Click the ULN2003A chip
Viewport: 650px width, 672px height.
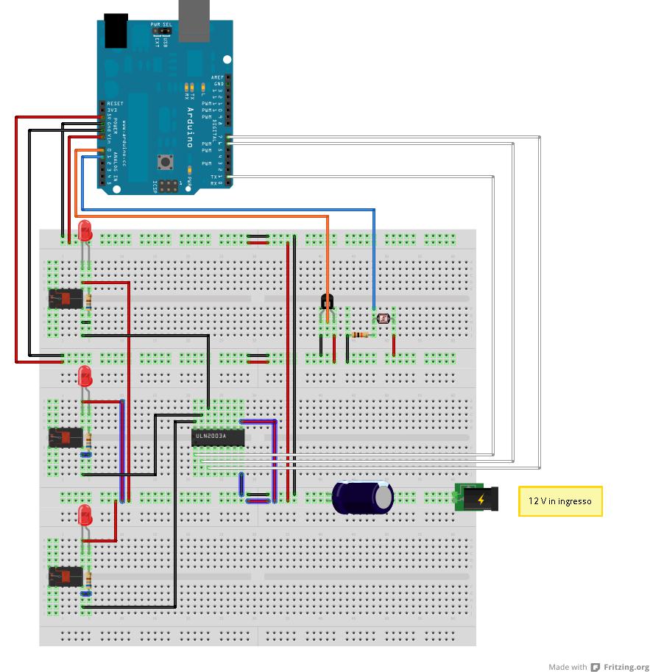click(218, 437)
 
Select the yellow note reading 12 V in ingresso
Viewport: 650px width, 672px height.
click(560, 501)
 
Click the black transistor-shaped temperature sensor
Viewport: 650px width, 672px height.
click(328, 302)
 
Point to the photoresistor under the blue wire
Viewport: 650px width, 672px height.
click(383, 319)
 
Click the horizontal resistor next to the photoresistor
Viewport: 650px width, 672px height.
click(359, 335)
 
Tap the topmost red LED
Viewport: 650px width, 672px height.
click(85, 230)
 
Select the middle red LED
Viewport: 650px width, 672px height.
click(85, 377)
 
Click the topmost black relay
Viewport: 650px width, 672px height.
click(66, 299)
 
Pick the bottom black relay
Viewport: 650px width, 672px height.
click(66, 576)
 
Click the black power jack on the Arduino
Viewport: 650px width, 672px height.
click(116, 31)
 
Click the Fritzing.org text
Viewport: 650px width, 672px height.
click(626, 667)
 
